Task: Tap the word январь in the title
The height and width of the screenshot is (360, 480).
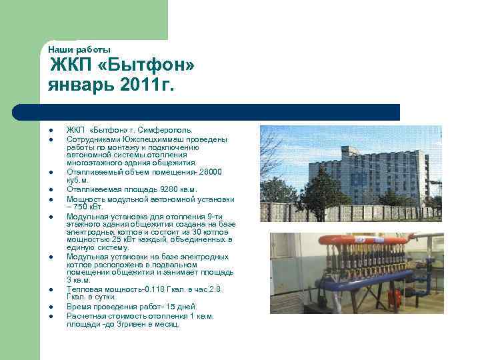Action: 79,85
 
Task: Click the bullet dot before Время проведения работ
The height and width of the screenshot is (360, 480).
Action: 50,307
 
